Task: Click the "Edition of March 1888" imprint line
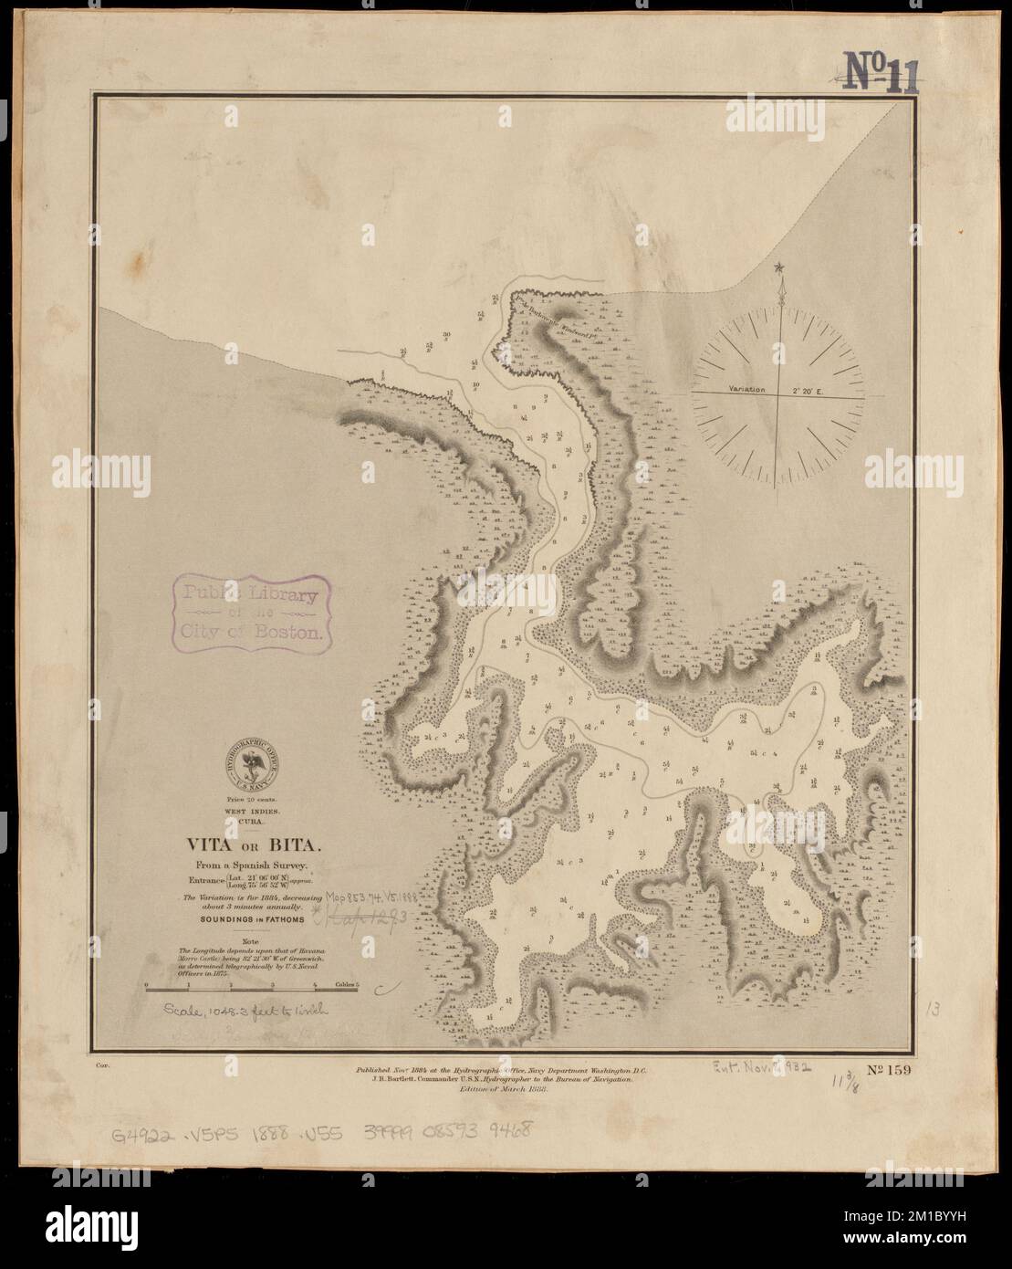coord(500,1091)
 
